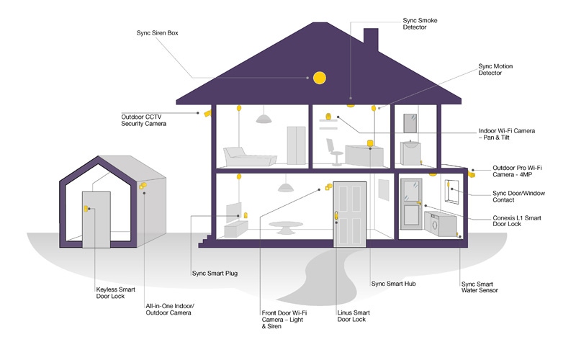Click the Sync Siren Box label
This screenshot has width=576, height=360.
(x=157, y=33)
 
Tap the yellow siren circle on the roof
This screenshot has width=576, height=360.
(x=319, y=78)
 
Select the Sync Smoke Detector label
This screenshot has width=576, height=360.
(x=420, y=24)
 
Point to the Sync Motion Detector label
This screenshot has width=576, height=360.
(x=495, y=69)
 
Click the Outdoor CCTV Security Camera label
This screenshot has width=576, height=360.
(x=143, y=120)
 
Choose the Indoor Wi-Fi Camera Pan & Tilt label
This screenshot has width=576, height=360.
(x=507, y=134)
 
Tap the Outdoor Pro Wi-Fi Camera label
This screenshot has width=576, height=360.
(x=517, y=171)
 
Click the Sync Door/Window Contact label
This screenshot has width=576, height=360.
(x=518, y=197)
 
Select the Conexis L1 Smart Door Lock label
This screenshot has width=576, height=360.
(x=517, y=221)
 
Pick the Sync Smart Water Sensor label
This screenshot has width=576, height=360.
(x=480, y=287)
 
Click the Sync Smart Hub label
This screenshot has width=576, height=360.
(x=393, y=284)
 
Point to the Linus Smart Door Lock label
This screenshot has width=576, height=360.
(x=354, y=316)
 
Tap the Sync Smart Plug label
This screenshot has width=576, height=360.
(x=215, y=274)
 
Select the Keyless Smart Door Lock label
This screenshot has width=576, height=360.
(x=115, y=293)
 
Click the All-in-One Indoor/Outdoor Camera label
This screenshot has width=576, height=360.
(x=170, y=310)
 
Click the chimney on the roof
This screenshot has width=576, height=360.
(x=371, y=40)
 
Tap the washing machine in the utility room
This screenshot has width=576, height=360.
(x=440, y=224)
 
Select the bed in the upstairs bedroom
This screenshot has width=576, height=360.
(x=250, y=157)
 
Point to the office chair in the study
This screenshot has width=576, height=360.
(x=333, y=152)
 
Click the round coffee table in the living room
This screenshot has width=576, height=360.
(x=286, y=228)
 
